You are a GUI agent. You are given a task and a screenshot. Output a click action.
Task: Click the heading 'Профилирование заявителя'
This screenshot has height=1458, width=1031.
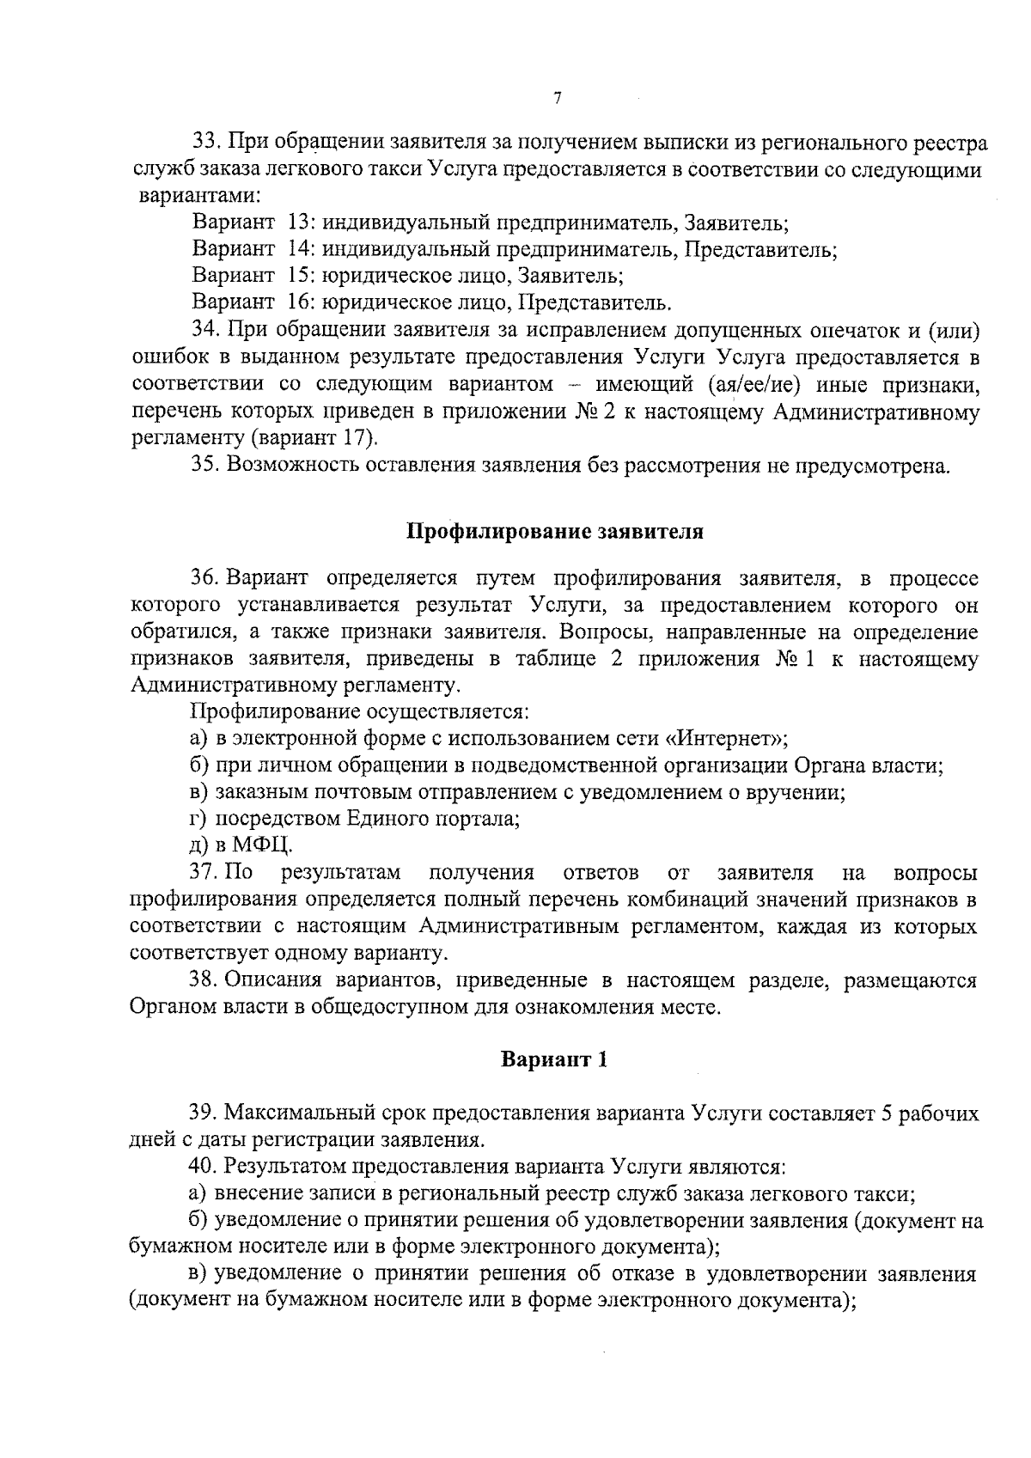pyautogui.click(x=554, y=532)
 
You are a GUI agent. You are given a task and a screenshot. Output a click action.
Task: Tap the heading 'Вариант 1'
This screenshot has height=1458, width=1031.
pyautogui.click(x=554, y=1059)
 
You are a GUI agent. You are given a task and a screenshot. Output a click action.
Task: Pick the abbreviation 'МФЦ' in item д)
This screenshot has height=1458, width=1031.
pyautogui.click(x=260, y=845)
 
